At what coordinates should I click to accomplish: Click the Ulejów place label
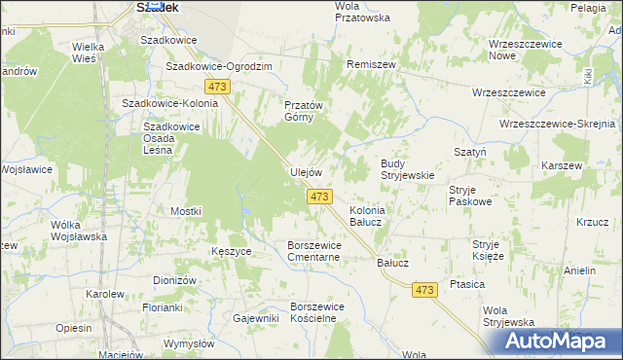[306, 172]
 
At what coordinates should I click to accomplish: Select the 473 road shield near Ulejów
[320, 197]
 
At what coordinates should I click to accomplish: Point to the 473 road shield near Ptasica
[423, 290]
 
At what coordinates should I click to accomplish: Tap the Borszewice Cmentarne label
[312, 251]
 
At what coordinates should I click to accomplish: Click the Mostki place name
[185, 211]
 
